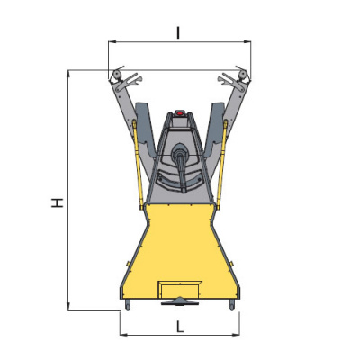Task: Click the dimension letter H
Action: (57, 202)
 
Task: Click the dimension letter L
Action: (179, 327)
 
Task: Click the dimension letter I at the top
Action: (178, 32)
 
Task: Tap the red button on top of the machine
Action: (179, 113)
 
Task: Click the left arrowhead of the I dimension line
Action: (112, 41)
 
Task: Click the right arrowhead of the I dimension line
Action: (247, 41)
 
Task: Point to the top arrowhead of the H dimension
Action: (68, 74)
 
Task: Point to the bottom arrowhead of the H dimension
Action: (68, 306)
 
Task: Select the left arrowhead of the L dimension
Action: (123, 335)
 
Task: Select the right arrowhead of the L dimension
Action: (236, 335)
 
